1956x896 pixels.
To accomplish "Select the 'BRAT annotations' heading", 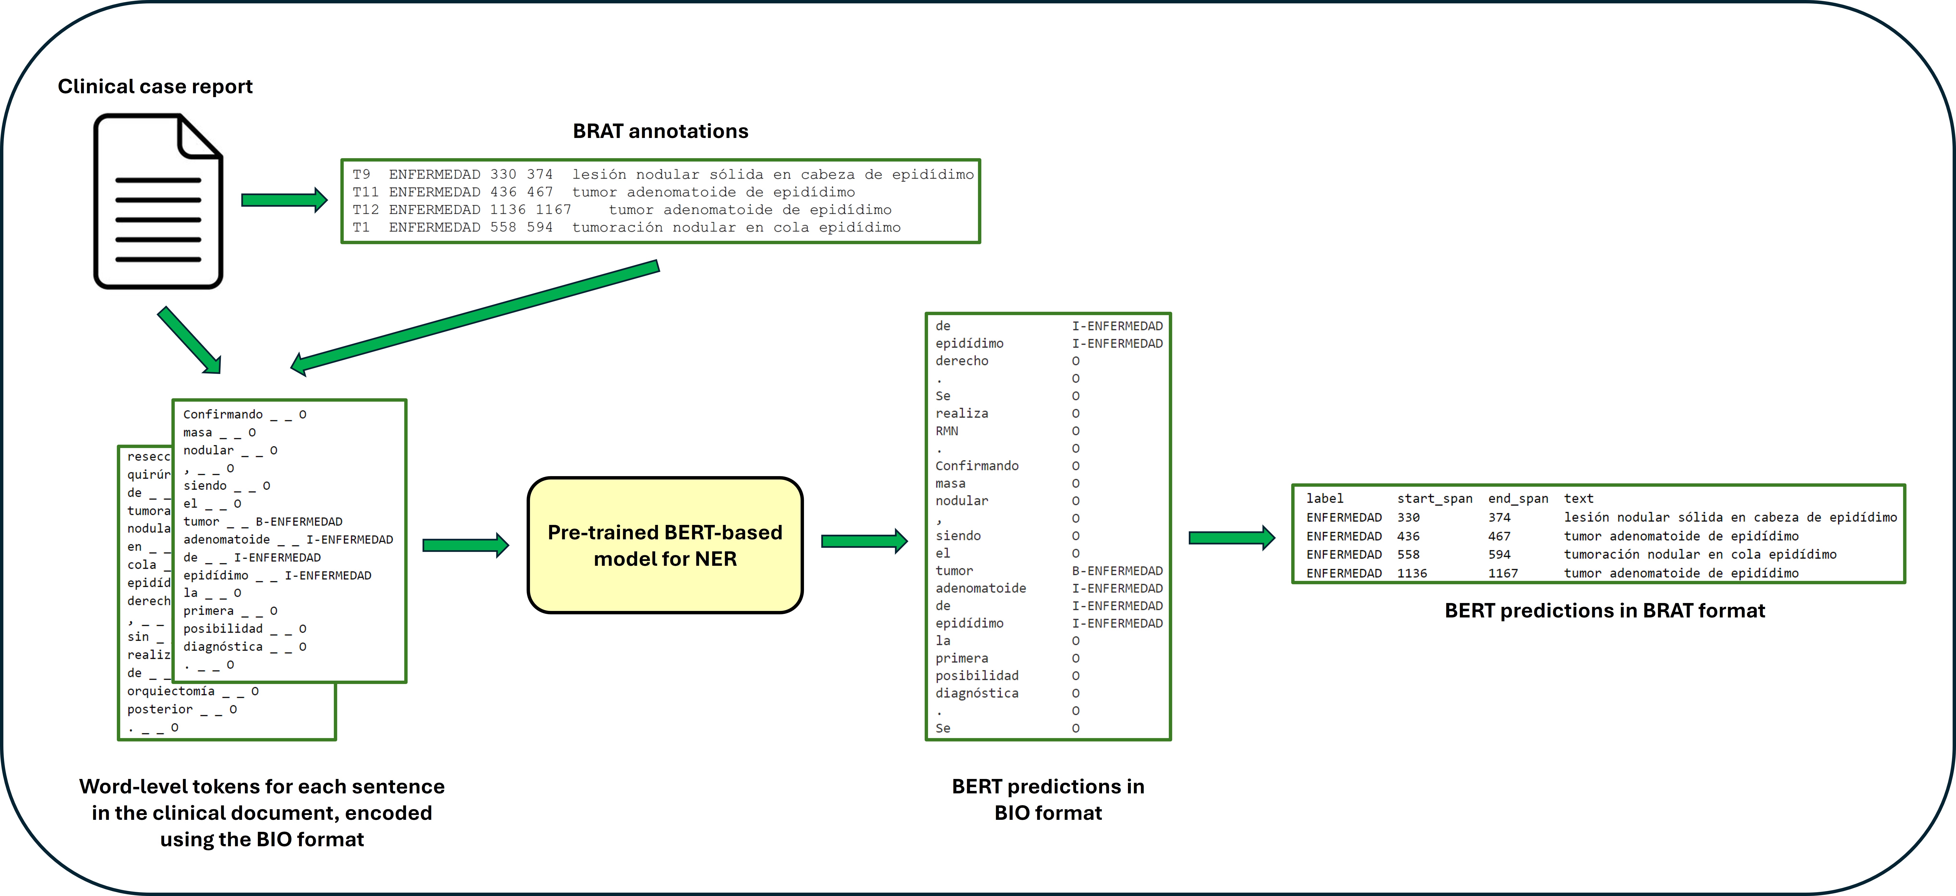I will [660, 131].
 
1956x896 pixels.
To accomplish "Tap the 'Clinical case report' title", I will [155, 87].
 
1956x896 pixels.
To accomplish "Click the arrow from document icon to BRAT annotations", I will [283, 200].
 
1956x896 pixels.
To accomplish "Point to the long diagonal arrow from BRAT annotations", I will [474, 317].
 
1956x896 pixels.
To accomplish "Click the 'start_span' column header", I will [1434, 499].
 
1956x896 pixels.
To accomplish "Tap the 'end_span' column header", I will [1517, 499].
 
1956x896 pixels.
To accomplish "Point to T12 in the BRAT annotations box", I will [365, 210].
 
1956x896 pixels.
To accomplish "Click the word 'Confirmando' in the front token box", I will [223, 415].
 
